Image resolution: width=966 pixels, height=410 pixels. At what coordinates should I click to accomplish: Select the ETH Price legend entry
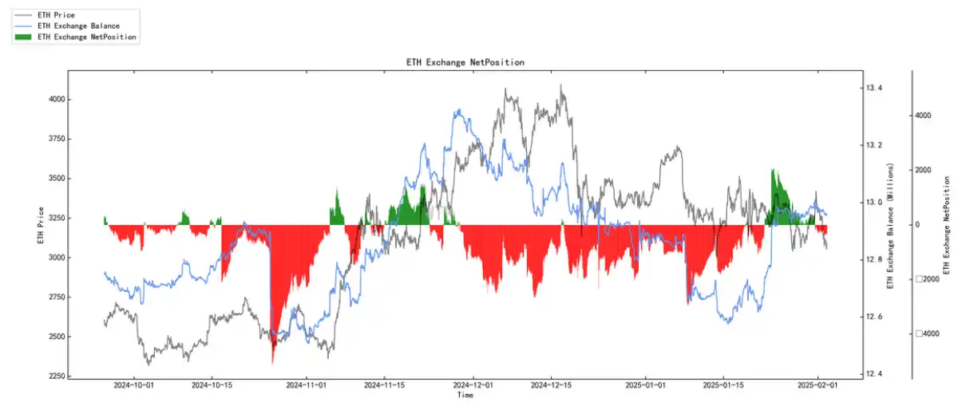[59, 15]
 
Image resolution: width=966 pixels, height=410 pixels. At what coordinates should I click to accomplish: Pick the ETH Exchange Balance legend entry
[78, 26]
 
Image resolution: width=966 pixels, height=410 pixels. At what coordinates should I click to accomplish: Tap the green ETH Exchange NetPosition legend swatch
[23, 37]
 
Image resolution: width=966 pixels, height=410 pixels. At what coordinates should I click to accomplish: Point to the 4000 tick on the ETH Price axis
[56, 100]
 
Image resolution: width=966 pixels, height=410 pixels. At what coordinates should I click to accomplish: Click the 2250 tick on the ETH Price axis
[56, 376]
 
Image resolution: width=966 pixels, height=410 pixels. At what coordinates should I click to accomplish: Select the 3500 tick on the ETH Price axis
[56, 179]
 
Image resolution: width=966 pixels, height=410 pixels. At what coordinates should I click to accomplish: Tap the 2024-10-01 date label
[134, 385]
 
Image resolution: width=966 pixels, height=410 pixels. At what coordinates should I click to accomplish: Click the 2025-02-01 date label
[818, 385]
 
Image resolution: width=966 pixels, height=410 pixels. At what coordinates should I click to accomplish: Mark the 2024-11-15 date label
[384, 385]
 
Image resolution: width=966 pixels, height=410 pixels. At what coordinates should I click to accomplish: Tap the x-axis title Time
[465, 396]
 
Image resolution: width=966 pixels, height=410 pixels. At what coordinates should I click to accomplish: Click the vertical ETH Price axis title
[41, 226]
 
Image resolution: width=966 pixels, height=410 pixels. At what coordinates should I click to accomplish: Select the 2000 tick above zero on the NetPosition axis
[923, 170]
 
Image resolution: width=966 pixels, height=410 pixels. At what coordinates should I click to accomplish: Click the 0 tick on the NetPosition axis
[917, 225]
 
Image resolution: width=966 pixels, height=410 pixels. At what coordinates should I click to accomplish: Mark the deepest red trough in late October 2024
[272, 361]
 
